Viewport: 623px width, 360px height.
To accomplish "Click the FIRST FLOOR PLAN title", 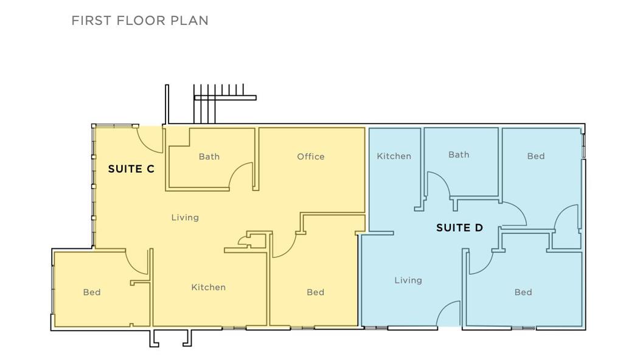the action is tap(140, 21).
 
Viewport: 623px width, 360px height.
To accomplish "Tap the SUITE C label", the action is tap(131, 169).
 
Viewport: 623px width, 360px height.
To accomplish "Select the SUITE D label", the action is tap(459, 227).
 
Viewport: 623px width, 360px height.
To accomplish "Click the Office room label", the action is tap(311, 156).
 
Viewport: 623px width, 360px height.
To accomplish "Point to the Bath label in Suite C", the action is tap(209, 156).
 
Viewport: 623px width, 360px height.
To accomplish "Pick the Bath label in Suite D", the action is tap(459, 154).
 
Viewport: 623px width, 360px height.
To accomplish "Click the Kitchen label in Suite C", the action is tap(208, 287).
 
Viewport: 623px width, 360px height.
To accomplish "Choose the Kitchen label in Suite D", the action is tap(394, 156).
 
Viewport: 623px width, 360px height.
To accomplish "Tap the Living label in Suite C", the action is tap(185, 218).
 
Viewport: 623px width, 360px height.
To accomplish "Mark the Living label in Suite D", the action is tap(408, 280).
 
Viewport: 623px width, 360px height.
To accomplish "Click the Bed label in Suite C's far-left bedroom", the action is tap(92, 292).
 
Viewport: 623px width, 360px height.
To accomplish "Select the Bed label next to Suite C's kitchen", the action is tap(316, 292).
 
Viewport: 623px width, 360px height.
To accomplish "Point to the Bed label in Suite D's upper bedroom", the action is tap(535, 156).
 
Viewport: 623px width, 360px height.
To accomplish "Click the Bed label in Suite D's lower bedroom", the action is tap(523, 292).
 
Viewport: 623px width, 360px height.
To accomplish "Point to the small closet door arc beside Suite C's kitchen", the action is tap(241, 240).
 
